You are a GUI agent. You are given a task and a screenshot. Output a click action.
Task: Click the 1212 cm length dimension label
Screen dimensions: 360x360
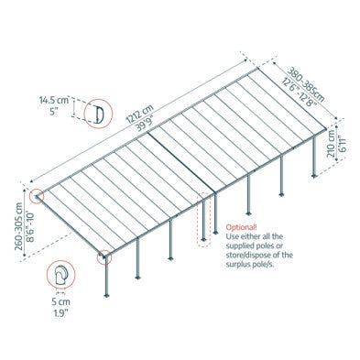139,114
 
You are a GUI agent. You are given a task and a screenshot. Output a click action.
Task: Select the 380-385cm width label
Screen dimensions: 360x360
305,84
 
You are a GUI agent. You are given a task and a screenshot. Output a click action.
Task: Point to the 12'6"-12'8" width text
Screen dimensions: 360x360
300,92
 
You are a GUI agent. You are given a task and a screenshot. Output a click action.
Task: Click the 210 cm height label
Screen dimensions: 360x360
331,143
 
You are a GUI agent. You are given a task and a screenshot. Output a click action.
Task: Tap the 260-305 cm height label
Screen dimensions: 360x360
19,226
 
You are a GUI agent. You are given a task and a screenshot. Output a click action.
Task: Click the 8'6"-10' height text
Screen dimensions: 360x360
29,225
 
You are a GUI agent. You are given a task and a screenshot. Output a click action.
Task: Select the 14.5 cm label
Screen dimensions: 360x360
54,100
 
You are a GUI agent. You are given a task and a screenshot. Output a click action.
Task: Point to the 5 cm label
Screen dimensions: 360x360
60,302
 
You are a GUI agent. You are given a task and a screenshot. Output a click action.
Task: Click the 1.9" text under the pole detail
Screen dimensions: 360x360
60,312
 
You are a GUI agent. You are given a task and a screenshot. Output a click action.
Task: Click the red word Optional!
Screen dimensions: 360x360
241,227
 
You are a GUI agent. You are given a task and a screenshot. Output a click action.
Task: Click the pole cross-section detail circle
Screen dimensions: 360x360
61,274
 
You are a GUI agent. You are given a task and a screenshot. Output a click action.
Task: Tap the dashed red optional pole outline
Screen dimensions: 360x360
203,219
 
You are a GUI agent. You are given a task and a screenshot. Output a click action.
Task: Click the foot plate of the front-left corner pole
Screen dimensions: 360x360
106,295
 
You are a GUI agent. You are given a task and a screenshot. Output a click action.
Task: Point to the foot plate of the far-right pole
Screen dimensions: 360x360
314,176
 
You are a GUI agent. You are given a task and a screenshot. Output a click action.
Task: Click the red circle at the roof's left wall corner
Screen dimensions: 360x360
37,196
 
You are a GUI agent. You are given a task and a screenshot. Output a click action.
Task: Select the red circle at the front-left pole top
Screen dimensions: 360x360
104,257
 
